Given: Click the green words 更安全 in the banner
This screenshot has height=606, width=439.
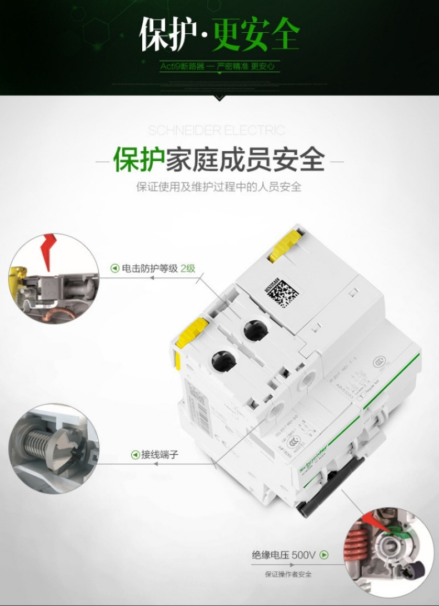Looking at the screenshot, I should click(256, 34).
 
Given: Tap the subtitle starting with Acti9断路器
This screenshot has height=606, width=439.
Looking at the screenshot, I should click(218, 66).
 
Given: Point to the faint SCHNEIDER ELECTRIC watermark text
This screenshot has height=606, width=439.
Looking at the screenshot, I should click(217, 131).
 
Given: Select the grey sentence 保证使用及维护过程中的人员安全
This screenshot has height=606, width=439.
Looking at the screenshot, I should click(219, 186).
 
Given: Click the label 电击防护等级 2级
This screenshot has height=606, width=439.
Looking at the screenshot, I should click(159, 268).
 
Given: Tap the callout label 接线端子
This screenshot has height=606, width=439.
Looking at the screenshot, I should click(159, 455).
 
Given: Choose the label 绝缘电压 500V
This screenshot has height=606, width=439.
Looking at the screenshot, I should click(283, 554).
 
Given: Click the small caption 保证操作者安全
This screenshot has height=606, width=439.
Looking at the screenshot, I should click(288, 574).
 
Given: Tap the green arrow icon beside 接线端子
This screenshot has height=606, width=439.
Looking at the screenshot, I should click(134, 455).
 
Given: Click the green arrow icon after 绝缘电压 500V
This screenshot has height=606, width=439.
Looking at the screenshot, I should click(324, 554).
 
